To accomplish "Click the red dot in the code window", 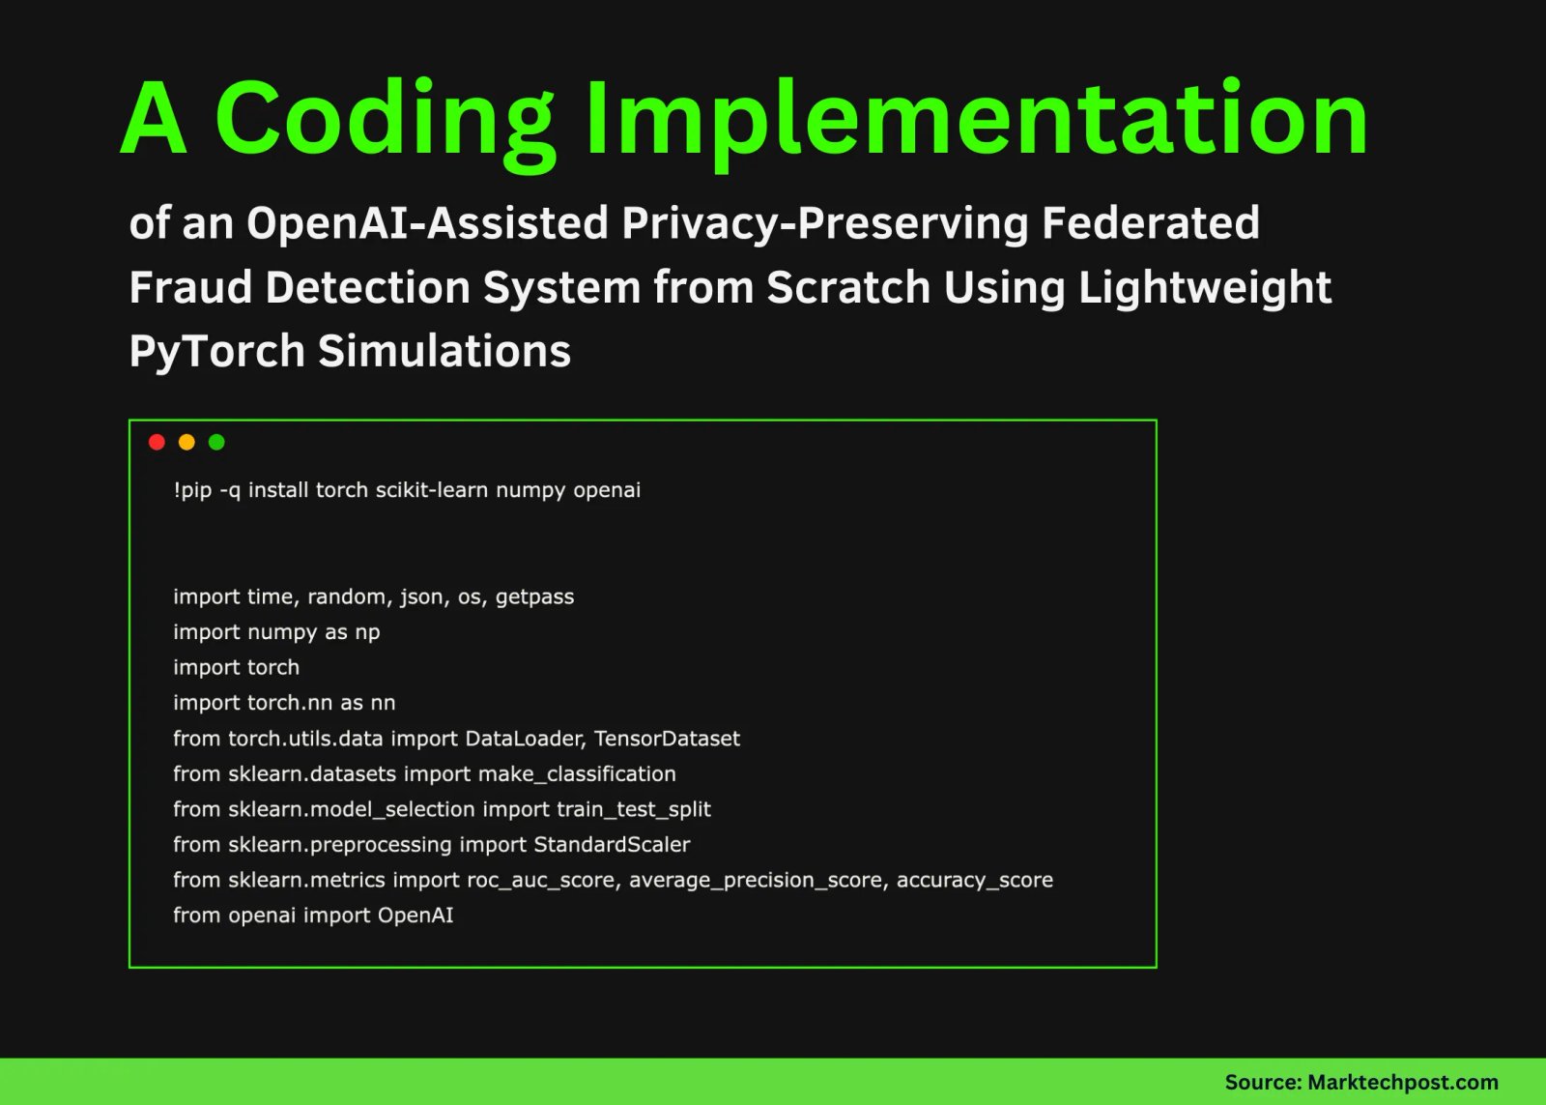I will (x=157, y=442).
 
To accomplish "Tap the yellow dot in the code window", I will (x=186, y=442).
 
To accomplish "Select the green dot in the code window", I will (x=216, y=442).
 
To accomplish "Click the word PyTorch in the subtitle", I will (x=217, y=351).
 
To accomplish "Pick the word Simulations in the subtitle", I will (x=444, y=351).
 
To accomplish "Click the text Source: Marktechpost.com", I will (x=1360, y=1083).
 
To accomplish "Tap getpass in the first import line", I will (x=534, y=597).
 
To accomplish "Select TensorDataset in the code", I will (x=667, y=739).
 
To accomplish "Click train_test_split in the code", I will (x=633, y=809).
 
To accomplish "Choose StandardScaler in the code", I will (x=612, y=845).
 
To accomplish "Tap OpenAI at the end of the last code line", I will (x=415, y=916).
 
